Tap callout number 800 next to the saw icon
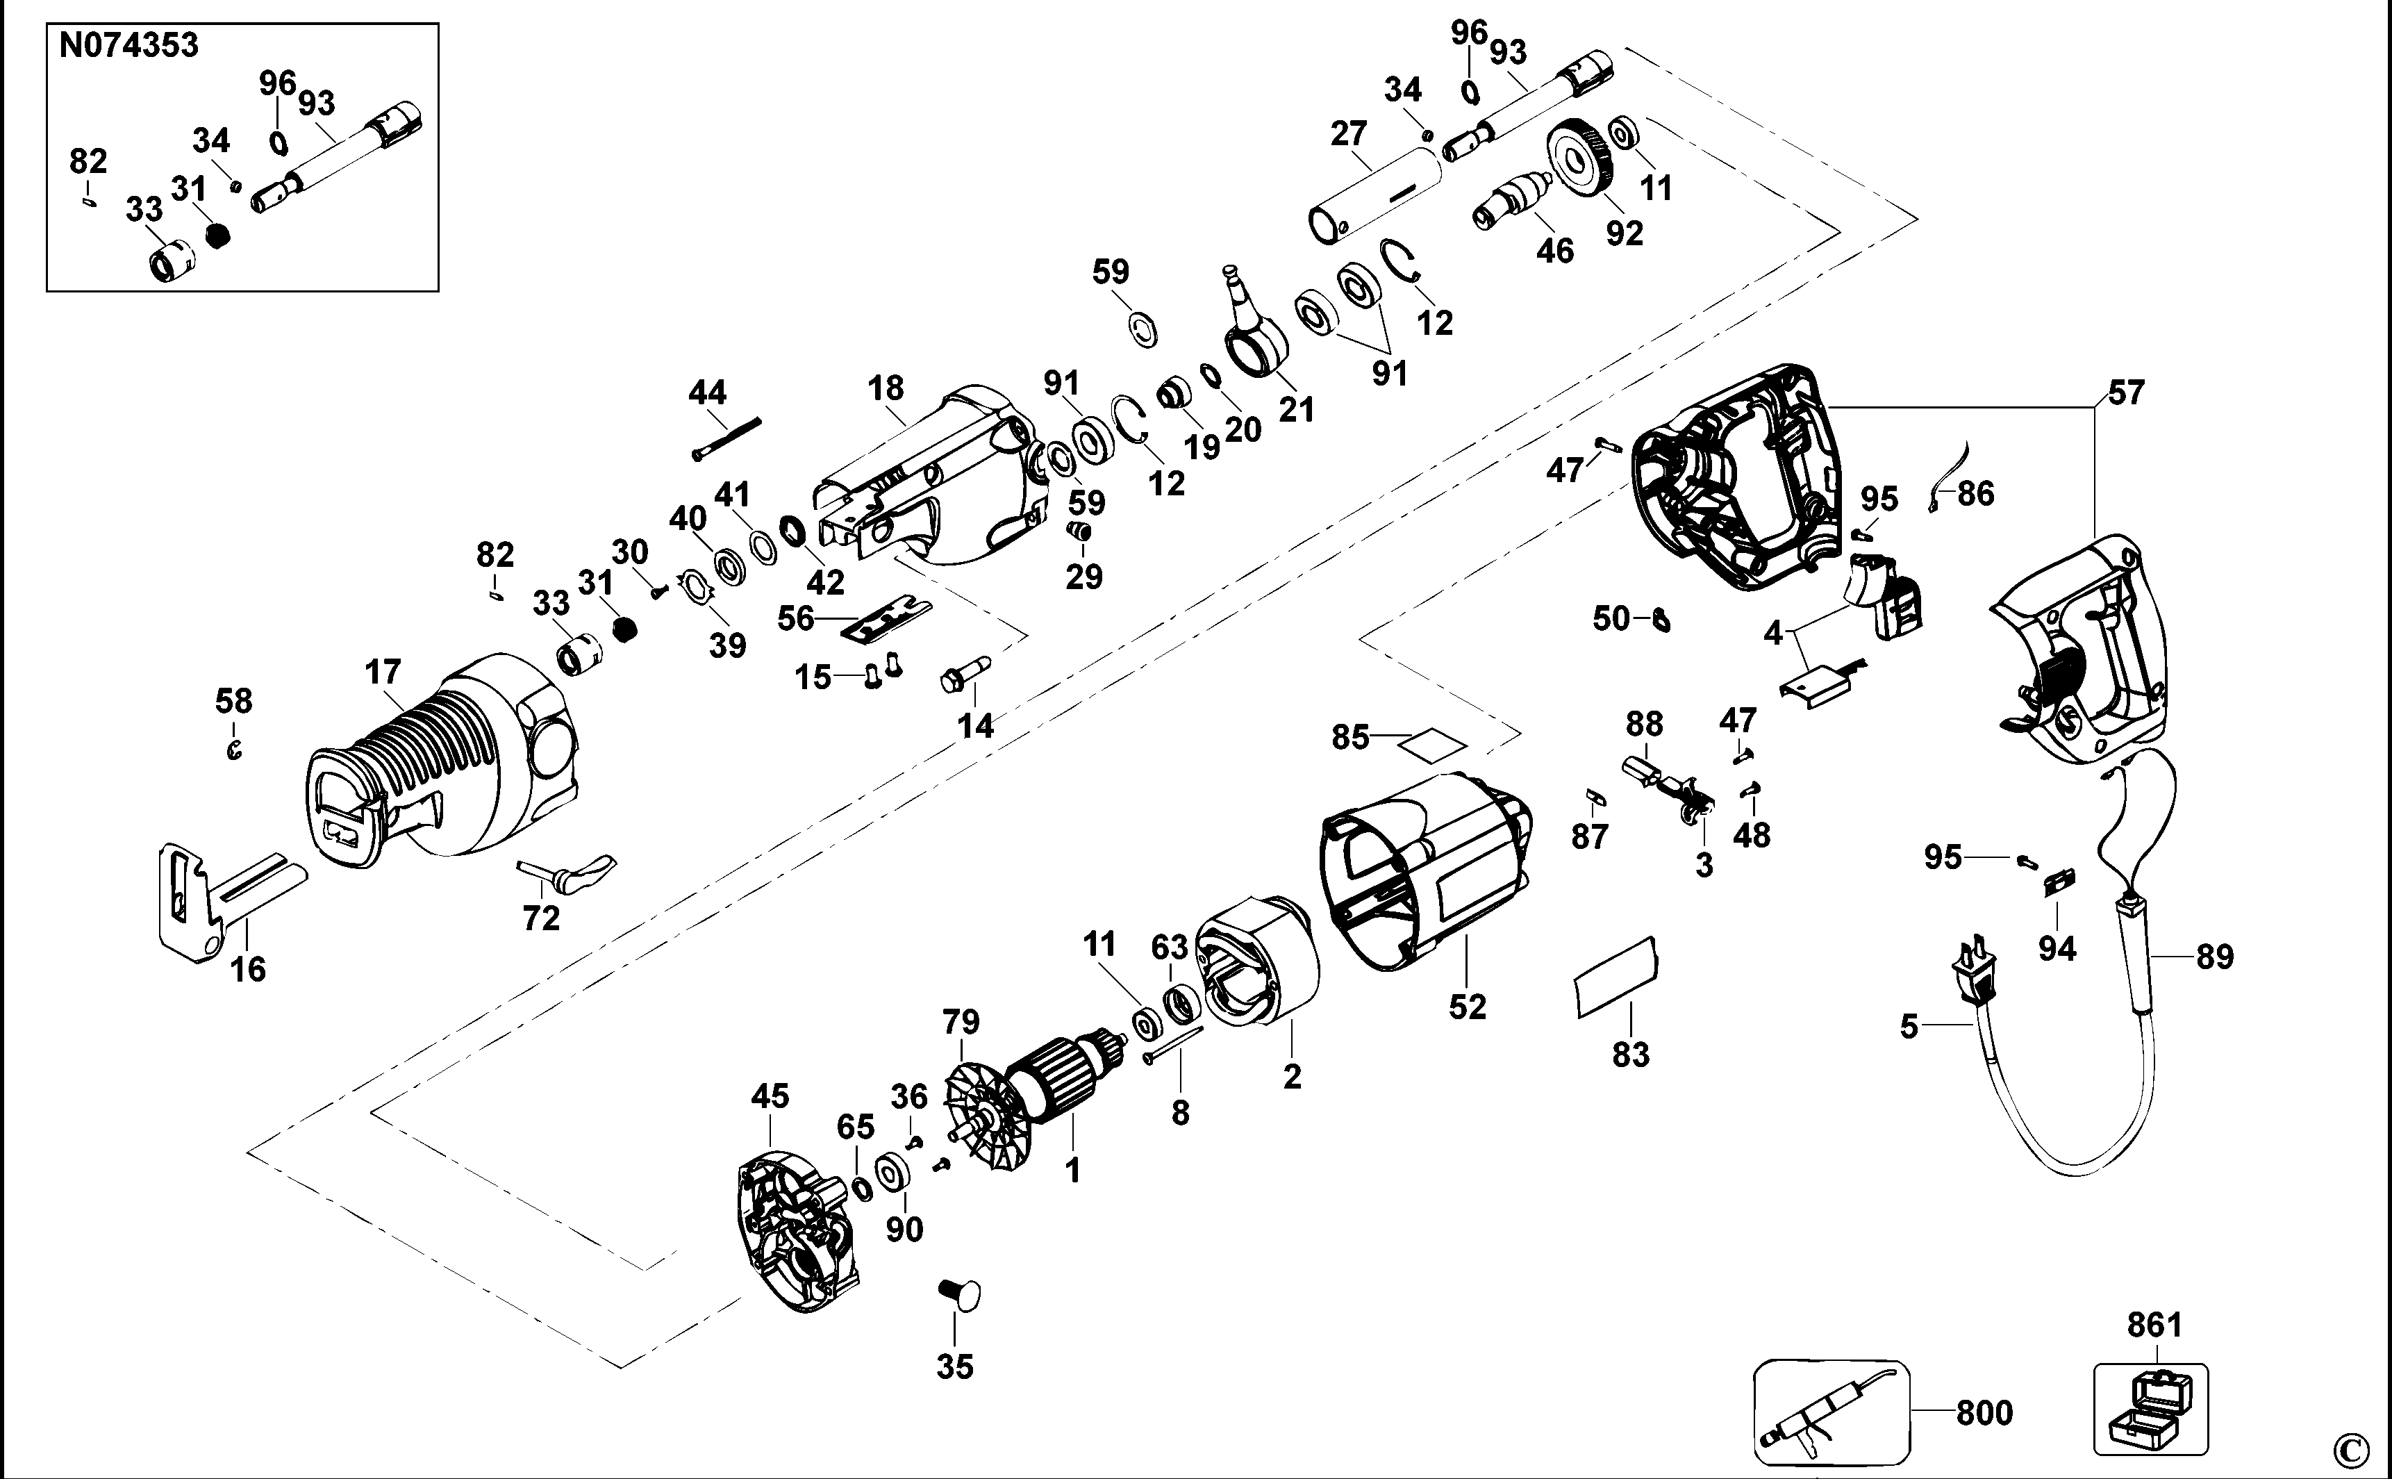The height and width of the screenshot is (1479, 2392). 1984,1414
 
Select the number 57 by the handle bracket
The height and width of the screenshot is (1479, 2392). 2125,393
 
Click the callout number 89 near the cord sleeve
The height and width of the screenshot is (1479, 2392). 2214,956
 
